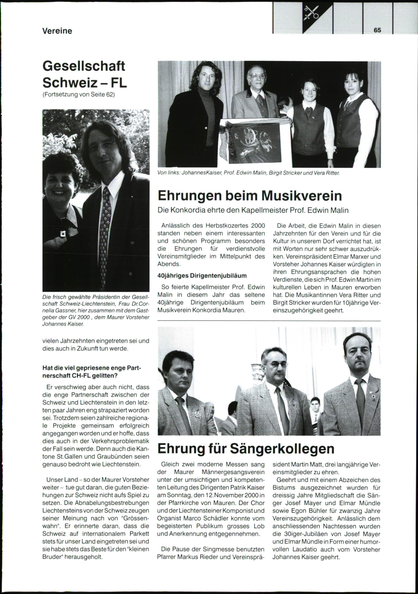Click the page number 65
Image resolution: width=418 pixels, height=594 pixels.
377,30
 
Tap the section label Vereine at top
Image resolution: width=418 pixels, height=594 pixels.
57,31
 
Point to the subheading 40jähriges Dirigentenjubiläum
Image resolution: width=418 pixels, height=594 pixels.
202,276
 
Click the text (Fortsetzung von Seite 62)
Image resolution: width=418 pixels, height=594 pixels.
78,95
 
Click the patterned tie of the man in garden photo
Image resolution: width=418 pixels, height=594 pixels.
105,223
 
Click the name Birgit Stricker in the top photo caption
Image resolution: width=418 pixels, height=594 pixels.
283,173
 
